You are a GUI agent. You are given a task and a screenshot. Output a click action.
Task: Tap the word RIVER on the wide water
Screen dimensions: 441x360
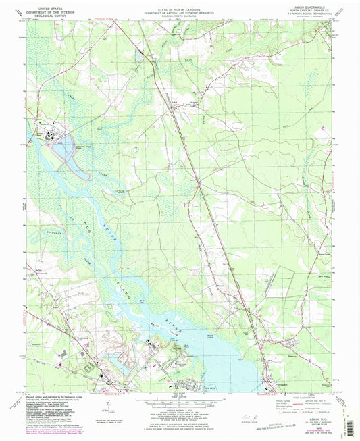[177, 310]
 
